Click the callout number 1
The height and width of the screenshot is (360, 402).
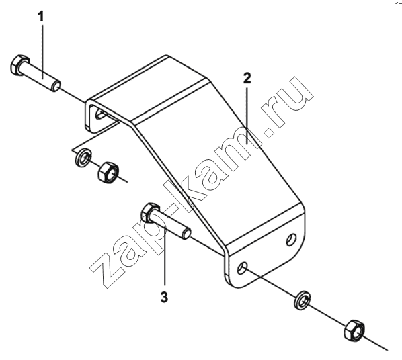pyautogui.click(x=41, y=17)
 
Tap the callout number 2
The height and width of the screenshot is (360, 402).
pyautogui.click(x=247, y=78)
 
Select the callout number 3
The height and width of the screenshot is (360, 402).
pyautogui.click(x=164, y=297)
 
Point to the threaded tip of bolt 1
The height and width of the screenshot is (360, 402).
pyautogui.click(x=56, y=85)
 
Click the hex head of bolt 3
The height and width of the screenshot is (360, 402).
pyautogui.click(x=150, y=212)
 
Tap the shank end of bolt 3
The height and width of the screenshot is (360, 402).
pyautogui.click(x=186, y=234)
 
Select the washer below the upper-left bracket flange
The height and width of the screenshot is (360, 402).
pyautogui.click(x=83, y=157)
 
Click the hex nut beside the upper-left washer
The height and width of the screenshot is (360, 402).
pyautogui.click(x=108, y=172)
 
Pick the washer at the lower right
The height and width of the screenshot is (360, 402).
pyautogui.click(x=302, y=300)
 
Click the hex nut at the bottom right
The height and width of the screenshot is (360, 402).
pyautogui.click(x=354, y=330)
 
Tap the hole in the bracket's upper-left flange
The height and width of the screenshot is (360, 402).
pyautogui.click(x=99, y=114)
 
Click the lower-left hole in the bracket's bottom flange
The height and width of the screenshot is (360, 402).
pyautogui.click(x=242, y=268)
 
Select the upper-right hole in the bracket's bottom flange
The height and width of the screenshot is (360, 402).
pyautogui.click(x=291, y=240)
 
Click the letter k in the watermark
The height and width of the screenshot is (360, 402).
pyautogui.click(x=185, y=191)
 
